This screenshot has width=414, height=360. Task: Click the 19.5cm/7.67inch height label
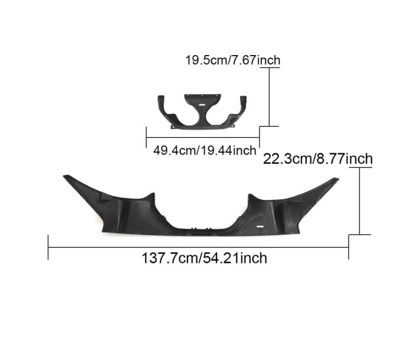(233, 60)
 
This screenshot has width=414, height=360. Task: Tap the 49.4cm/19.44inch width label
(205, 150)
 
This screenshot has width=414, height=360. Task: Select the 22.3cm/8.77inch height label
(318, 159)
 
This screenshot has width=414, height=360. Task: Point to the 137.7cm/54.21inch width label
(205, 258)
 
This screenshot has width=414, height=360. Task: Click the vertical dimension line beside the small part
(269, 97)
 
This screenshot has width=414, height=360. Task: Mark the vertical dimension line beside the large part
(360, 201)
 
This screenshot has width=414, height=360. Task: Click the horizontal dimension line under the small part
(203, 137)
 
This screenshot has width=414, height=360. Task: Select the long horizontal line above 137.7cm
(198, 247)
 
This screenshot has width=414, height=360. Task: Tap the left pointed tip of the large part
(64, 176)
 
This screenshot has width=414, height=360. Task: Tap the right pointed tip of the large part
(338, 179)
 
